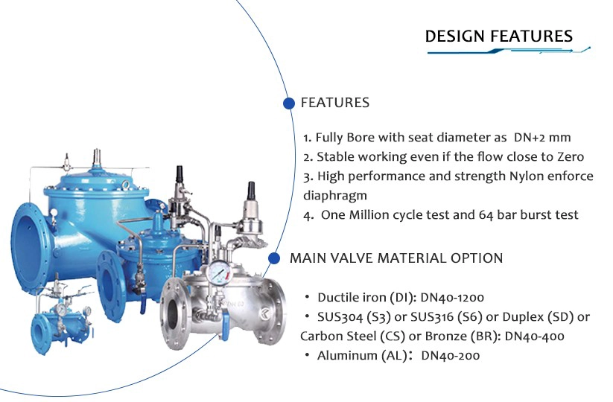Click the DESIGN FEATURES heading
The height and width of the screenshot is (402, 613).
[498, 36]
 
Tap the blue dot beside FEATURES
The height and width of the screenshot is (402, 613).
[288, 103]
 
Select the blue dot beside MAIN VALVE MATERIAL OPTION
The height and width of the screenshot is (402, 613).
[274, 258]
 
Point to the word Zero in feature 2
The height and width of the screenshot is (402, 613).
[570, 156]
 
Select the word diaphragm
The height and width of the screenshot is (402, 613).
[335, 195]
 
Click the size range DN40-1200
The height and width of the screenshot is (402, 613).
[452, 298]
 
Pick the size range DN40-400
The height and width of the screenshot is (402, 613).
[535, 336]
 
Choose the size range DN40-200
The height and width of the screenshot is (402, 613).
[451, 356]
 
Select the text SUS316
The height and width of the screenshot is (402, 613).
[431, 317]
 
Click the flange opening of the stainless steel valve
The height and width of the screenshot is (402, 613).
[174, 313]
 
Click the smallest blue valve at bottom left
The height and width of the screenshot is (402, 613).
[62, 320]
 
